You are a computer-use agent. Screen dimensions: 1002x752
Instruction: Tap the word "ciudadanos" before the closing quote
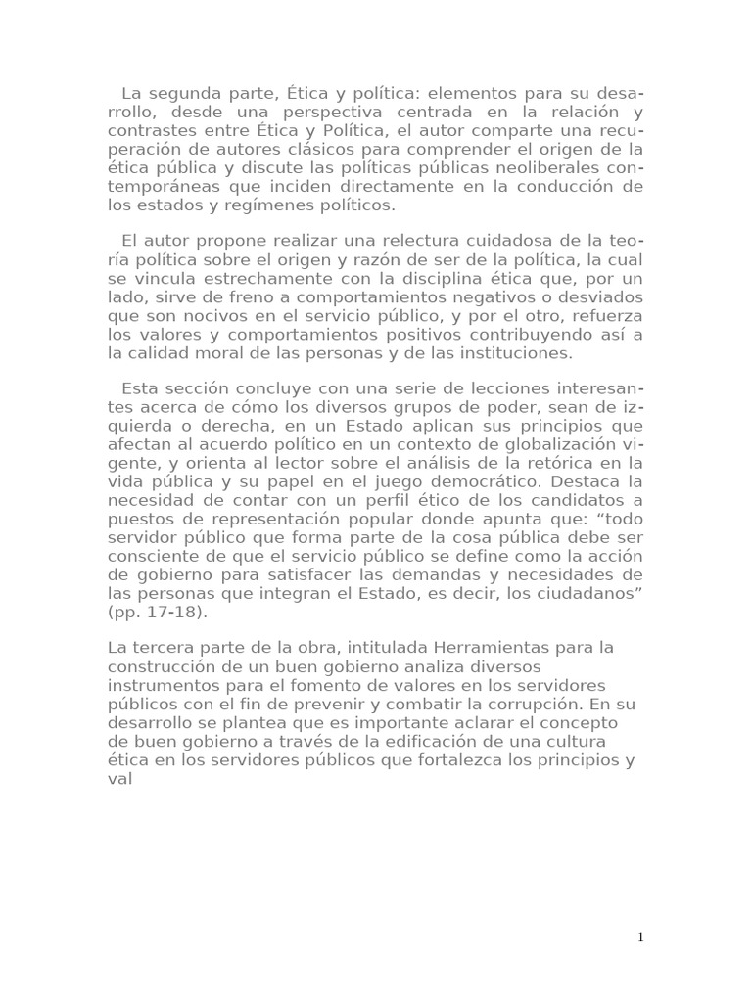pos(582,594)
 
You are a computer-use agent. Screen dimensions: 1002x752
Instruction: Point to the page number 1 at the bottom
pos(640,937)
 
